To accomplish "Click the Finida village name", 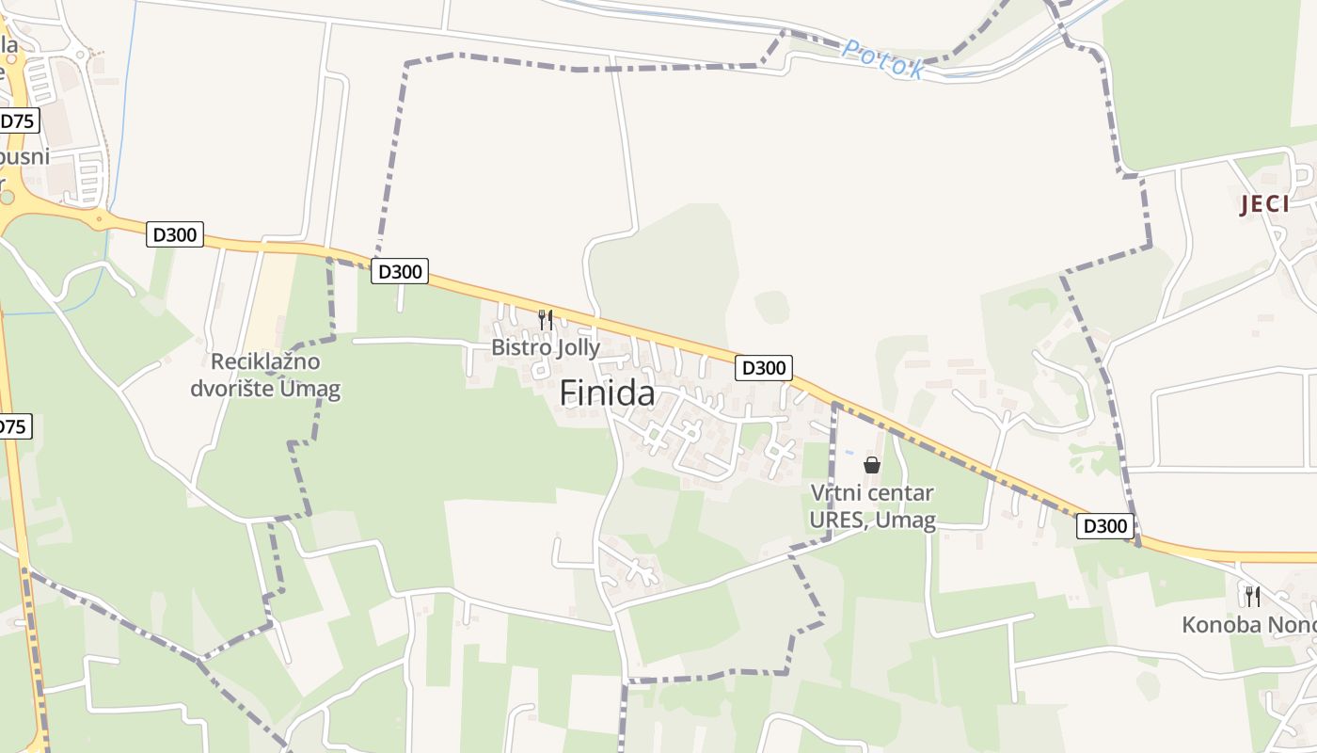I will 607,393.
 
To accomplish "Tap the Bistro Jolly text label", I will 545,347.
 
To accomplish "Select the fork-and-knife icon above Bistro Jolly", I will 545,319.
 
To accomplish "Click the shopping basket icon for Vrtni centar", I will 872,464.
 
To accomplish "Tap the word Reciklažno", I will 265,362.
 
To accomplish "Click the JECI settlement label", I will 1264,204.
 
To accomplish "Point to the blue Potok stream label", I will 882,58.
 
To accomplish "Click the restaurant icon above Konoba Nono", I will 1252,596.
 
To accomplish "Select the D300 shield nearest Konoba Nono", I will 1105,526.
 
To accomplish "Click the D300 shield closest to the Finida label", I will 763,368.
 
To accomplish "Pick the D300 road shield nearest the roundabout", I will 175,234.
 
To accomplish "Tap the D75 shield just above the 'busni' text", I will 17,120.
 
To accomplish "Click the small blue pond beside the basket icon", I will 851,453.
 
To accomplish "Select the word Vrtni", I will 837,493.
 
